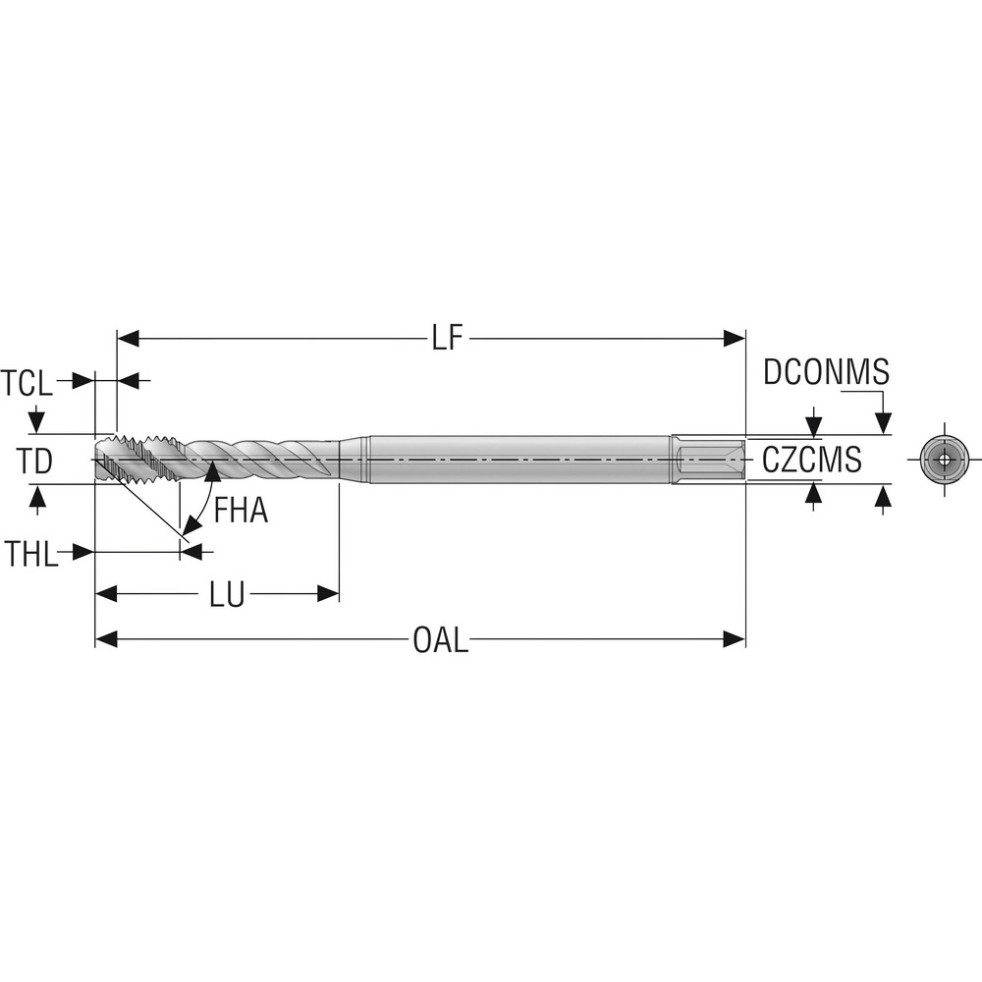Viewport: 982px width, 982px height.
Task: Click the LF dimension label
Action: pos(447,339)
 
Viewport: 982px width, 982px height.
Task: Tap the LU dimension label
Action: pos(227,594)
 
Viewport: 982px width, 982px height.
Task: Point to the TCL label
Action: pos(27,381)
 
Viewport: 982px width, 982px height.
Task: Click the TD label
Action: pos(35,460)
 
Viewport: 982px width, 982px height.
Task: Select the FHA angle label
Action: pos(241,511)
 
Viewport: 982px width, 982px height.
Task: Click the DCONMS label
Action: pos(826,373)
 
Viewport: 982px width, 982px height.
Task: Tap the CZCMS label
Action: pos(811,460)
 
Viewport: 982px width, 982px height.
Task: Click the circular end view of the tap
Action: pos(944,460)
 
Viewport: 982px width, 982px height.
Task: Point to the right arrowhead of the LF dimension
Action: pos(735,339)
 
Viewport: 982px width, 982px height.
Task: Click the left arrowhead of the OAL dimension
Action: pos(106,639)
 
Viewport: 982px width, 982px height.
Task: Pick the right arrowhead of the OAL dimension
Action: pos(735,639)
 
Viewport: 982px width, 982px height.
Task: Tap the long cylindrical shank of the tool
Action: pos(520,459)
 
